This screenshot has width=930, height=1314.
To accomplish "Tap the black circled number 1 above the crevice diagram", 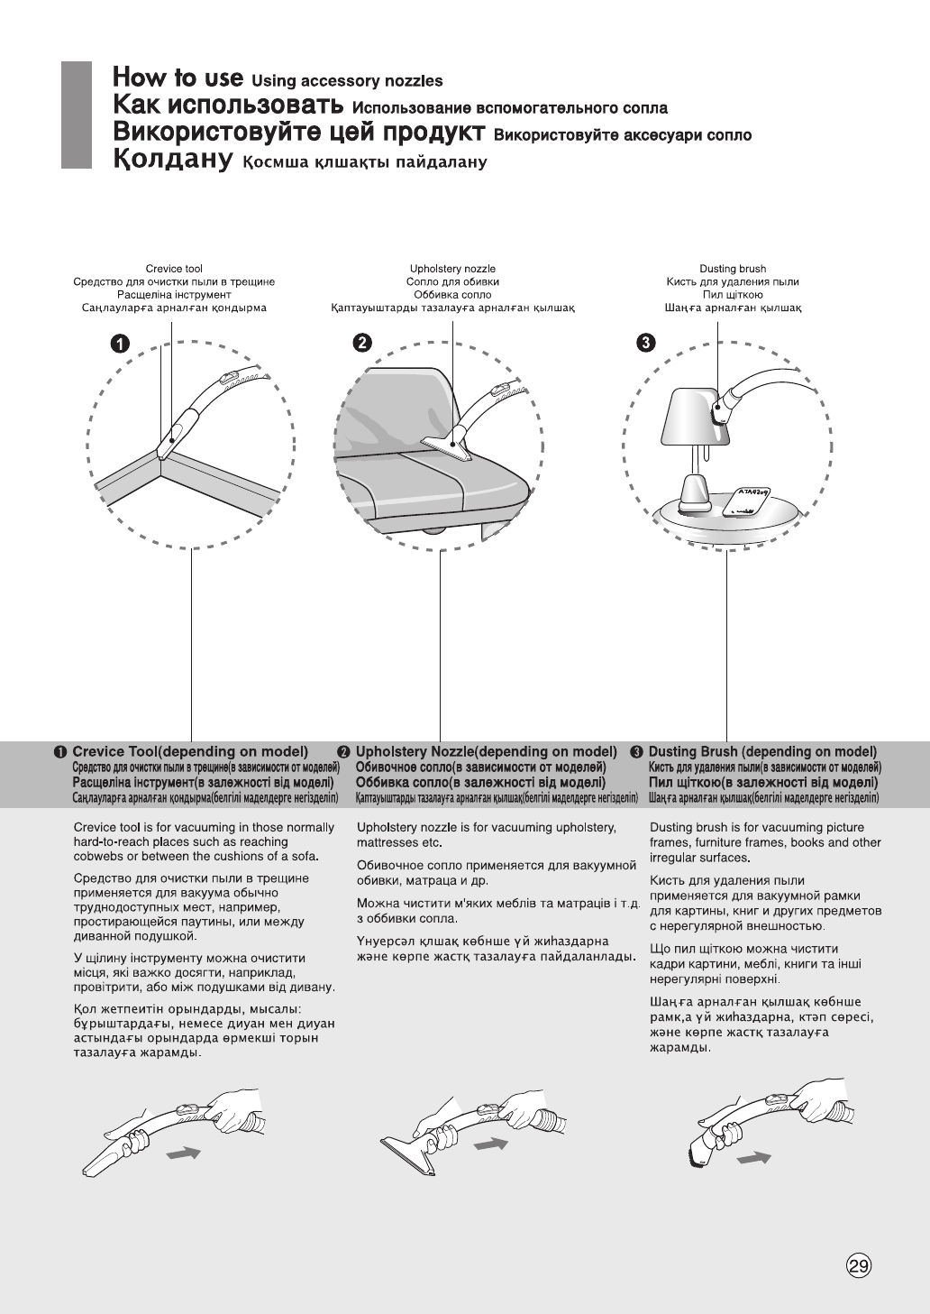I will pos(119,344).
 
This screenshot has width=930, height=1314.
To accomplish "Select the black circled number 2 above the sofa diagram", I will pos(360,343).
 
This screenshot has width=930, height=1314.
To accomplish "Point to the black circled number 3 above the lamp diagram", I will pos(647,343).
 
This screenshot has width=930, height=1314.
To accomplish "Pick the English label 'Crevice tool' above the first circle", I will pos(174,269).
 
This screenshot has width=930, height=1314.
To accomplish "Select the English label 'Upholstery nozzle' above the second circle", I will pos(452,269).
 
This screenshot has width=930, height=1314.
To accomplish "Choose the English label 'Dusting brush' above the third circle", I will pos(733,269).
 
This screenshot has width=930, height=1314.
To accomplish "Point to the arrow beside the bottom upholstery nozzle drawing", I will pos(491,1144).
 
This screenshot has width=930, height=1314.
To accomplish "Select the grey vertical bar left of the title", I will pos(77,115).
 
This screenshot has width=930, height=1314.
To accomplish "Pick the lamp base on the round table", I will pos(693,492).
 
